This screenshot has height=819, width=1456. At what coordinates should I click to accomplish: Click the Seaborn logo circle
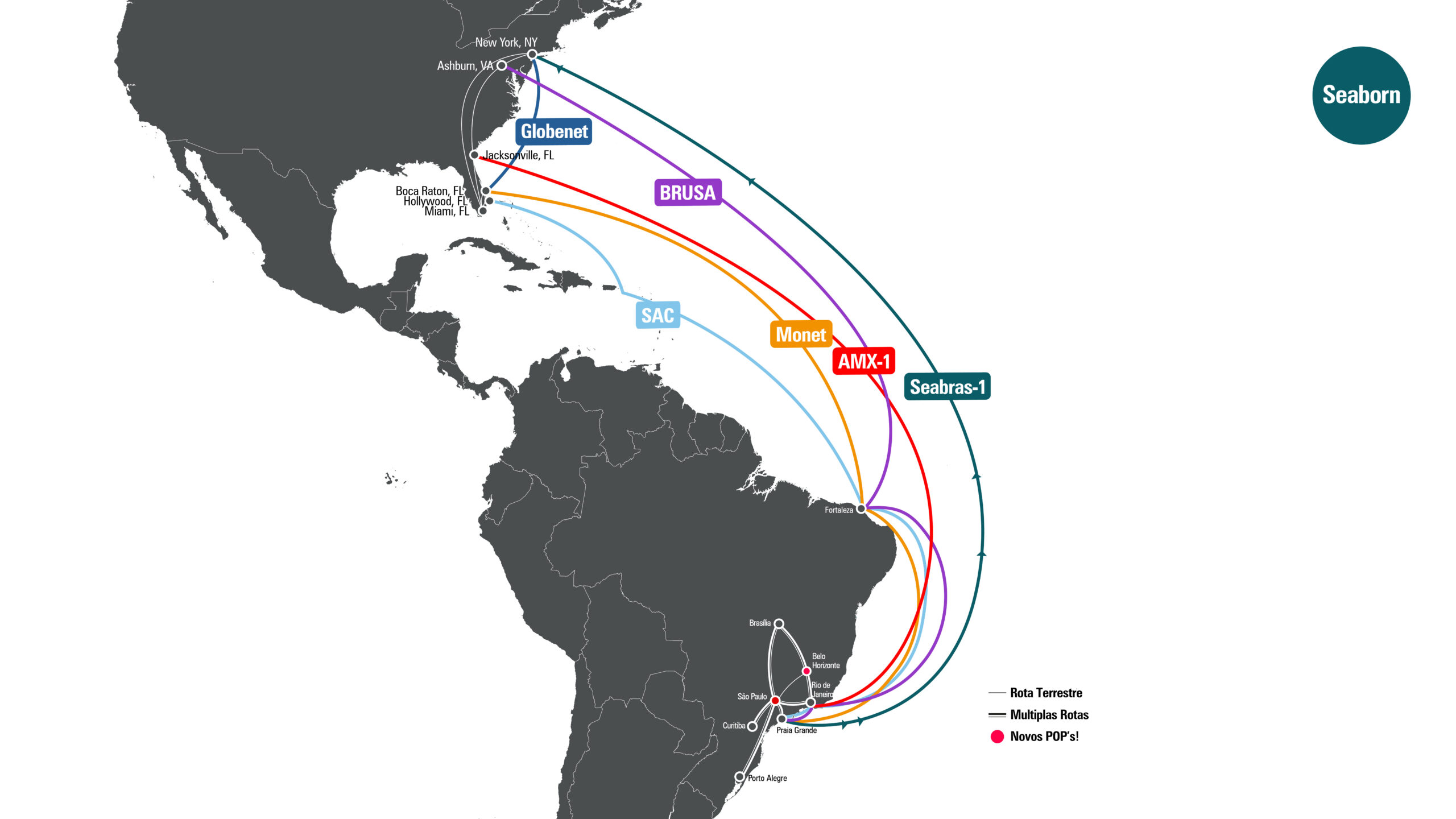click(x=1361, y=95)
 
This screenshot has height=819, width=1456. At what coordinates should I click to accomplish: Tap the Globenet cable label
click(x=554, y=131)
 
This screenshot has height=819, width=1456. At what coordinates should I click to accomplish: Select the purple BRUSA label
click(x=688, y=192)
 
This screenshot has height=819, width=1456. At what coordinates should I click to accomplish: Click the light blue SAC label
click(x=657, y=315)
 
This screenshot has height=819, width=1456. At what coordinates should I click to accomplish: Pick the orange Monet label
click(x=801, y=334)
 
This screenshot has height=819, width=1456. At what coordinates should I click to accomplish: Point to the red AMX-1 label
click(x=863, y=361)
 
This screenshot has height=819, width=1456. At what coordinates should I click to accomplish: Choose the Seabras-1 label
click(x=947, y=387)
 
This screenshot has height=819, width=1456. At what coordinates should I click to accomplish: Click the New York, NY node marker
click(x=532, y=55)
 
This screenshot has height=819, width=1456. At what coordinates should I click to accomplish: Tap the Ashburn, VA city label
click(x=465, y=66)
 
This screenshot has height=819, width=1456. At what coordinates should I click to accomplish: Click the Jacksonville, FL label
click(x=519, y=155)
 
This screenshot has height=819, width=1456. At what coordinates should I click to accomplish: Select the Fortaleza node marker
click(x=861, y=508)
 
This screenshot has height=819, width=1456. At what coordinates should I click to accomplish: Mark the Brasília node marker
click(x=779, y=624)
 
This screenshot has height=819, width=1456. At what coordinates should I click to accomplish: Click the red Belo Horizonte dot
click(x=806, y=671)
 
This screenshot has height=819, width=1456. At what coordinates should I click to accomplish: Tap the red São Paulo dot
click(x=775, y=700)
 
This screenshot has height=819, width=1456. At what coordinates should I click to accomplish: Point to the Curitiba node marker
click(x=752, y=726)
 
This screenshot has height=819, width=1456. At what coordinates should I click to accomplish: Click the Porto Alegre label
click(x=767, y=778)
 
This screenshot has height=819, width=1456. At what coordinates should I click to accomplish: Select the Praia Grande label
click(x=796, y=730)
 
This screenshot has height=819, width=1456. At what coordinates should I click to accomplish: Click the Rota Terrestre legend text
click(x=1046, y=693)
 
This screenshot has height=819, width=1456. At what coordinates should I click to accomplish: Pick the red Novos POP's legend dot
click(x=997, y=737)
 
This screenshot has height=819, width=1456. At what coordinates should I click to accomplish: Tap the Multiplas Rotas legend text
click(x=1049, y=714)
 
